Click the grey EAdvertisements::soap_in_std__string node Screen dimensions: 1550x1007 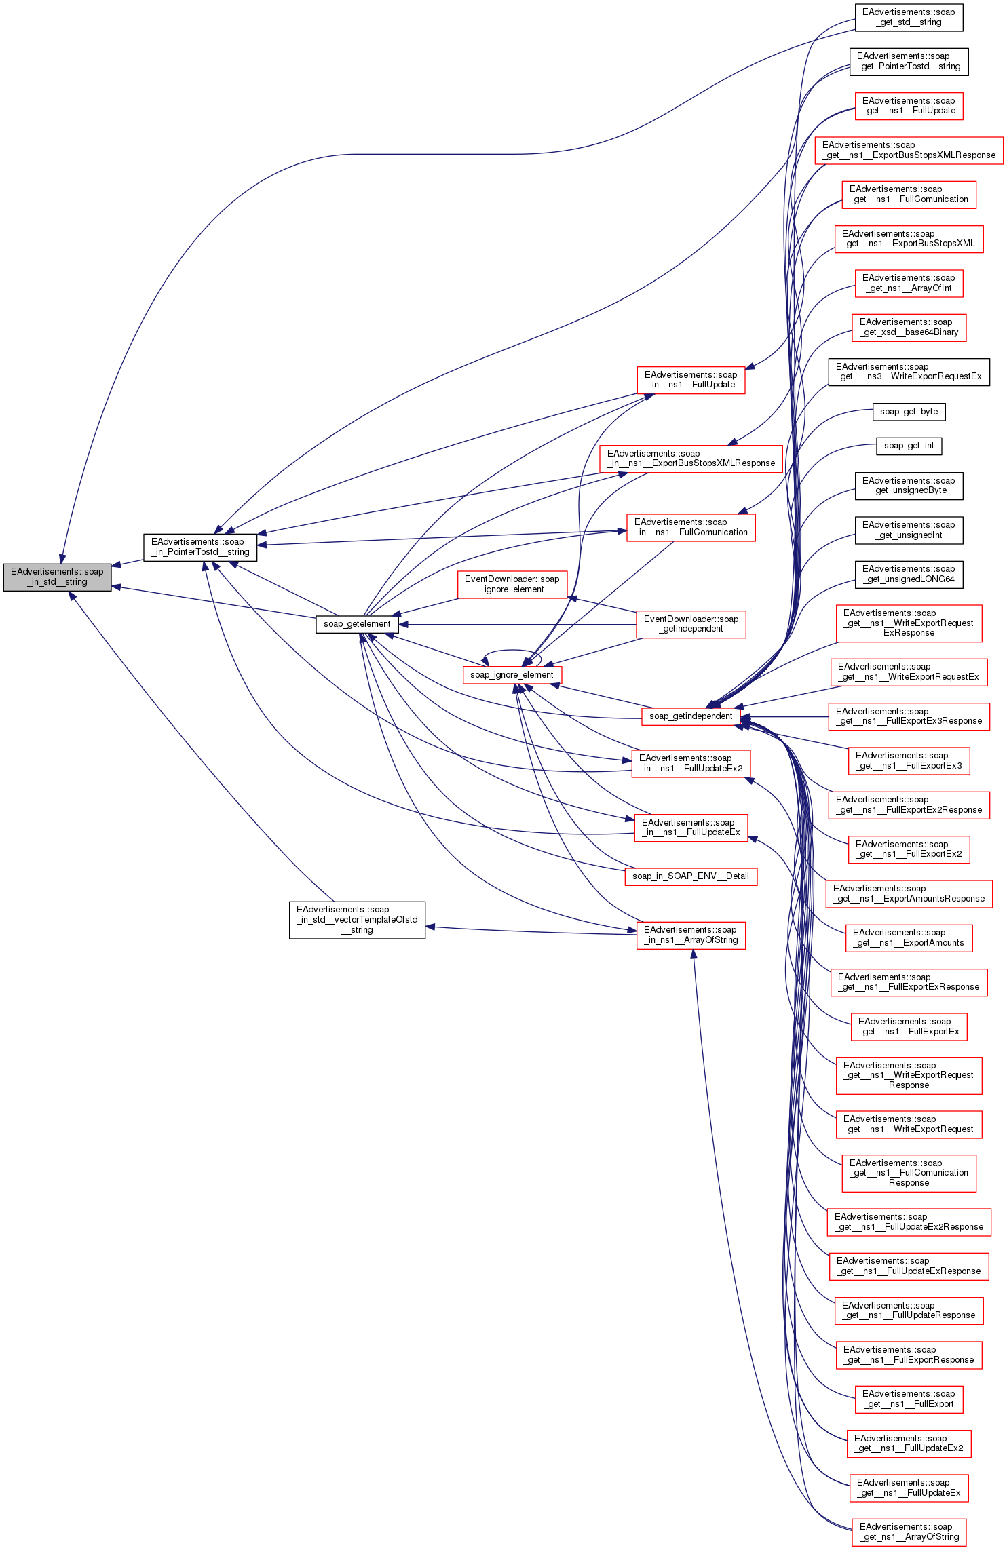click(57, 577)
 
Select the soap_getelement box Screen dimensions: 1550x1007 click(357, 624)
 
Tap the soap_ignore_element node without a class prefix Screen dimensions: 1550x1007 click(512, 675)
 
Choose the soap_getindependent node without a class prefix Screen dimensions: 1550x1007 click(691, 716)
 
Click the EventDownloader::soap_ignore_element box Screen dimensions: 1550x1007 click(512, 584)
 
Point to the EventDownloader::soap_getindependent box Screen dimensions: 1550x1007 click(691, 624)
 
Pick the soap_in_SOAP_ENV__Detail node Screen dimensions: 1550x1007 click(691, 876)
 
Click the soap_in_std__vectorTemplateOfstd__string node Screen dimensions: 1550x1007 click(357, 920)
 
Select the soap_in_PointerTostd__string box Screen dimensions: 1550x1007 click(200, 547)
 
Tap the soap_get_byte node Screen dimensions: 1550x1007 click(909, 412)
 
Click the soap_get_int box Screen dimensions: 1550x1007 click(909, 446)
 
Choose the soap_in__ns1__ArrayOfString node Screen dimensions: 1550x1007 click(691, 935)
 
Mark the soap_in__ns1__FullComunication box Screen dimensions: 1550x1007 click(691, 527)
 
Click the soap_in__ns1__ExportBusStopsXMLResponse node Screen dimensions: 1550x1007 click(691, 459)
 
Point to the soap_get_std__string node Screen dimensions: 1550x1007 click(909, 17)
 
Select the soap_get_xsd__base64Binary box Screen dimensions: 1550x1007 click(909, 327)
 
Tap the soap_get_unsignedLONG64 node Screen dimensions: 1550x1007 click(909, 574)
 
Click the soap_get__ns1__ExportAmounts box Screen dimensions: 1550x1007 click(909, 937)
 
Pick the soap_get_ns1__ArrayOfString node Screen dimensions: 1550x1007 click(909, 1532)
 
